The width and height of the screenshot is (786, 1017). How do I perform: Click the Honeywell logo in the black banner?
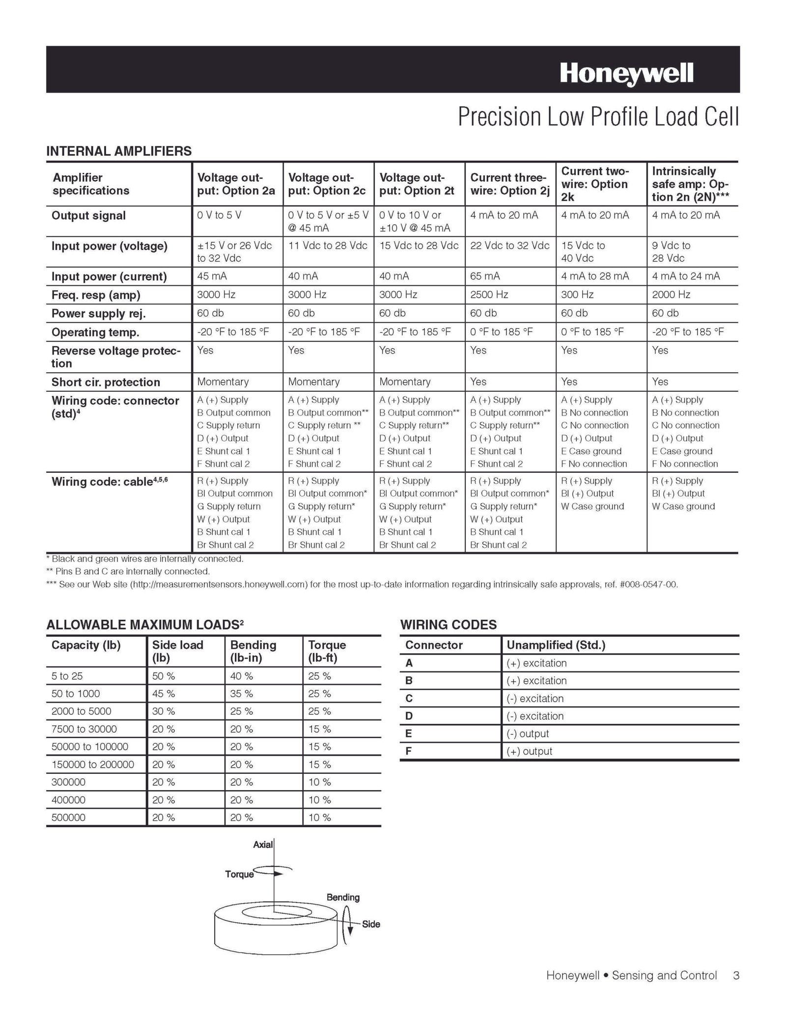pyautogui.click(x=626, y=74)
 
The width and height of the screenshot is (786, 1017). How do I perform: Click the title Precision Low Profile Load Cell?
pyautogui.click(x=598, y=117)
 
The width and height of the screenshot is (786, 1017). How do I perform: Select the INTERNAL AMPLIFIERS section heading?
pyautogui.click(x=119, y=151)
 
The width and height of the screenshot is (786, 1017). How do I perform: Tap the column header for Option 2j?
pyautogui.click(x=509, y=184)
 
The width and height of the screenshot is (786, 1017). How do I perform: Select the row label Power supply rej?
pyautogui.click(x=98, y=313)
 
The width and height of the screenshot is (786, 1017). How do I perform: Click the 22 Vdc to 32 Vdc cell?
pyautogui.click(x=509, y=246)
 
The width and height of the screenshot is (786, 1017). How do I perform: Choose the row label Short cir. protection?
pyautogui.click(x=106, y=382)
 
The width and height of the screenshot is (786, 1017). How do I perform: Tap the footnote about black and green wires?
pyautogui.click(x=145, y=559)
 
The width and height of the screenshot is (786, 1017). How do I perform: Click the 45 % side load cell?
pyautogui.click(x=164, y=694)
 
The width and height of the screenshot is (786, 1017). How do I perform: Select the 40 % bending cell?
pyautogui.click(x=242, y=676)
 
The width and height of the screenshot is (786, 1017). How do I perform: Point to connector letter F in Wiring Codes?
pyautogui.click(x=409, y=751)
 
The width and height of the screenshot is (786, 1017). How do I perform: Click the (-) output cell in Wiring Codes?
pyautogui.click(x=528, y=734)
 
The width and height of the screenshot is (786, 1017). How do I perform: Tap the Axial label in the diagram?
pyautogui.click(x=263, y=845)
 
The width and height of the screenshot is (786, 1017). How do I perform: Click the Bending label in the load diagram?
pyautogui.click(x=343, y=897)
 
